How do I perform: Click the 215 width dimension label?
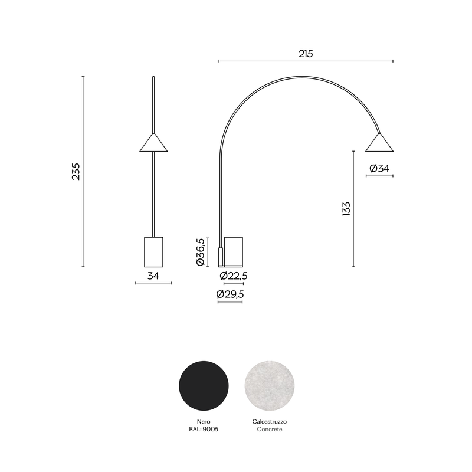coord(306,54)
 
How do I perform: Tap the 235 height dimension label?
coord(76,172)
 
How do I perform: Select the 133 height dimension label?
coord(346,209)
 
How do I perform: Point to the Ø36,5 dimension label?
coord(201,252)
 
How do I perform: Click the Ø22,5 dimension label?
coord(234,276)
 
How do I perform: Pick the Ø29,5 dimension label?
coord(230,294)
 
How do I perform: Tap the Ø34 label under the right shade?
coord(379,168)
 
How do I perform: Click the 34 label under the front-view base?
coord(153,276)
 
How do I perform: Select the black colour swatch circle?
coord(204,386)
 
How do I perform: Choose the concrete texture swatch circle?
coord(270,386)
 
